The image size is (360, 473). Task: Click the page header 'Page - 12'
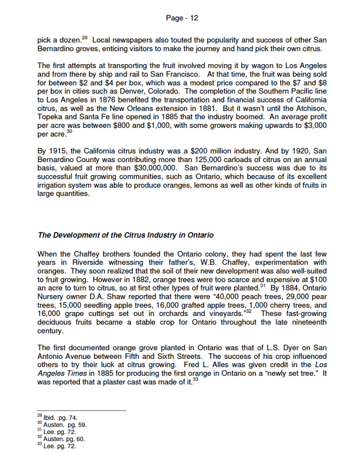point(182,18)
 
